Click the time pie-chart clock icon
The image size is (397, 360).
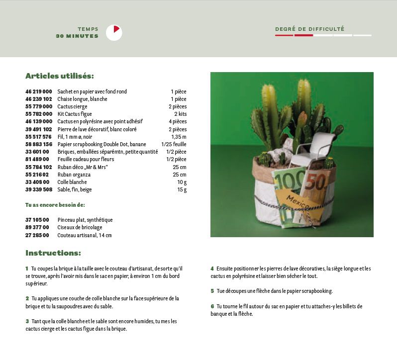114,33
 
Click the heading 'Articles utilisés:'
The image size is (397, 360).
60,76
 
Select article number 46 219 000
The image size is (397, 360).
39,91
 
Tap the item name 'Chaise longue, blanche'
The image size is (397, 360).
82,99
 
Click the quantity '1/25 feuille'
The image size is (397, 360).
174,144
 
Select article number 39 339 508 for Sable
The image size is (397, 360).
39,189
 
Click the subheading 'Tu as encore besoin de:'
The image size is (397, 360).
55,205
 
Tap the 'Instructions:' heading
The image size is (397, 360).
53,253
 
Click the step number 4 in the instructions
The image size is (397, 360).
212,269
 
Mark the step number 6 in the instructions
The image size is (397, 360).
212,306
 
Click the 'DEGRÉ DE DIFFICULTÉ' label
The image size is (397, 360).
309,29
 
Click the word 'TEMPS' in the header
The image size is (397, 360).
88,29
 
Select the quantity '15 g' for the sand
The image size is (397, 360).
182,189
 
